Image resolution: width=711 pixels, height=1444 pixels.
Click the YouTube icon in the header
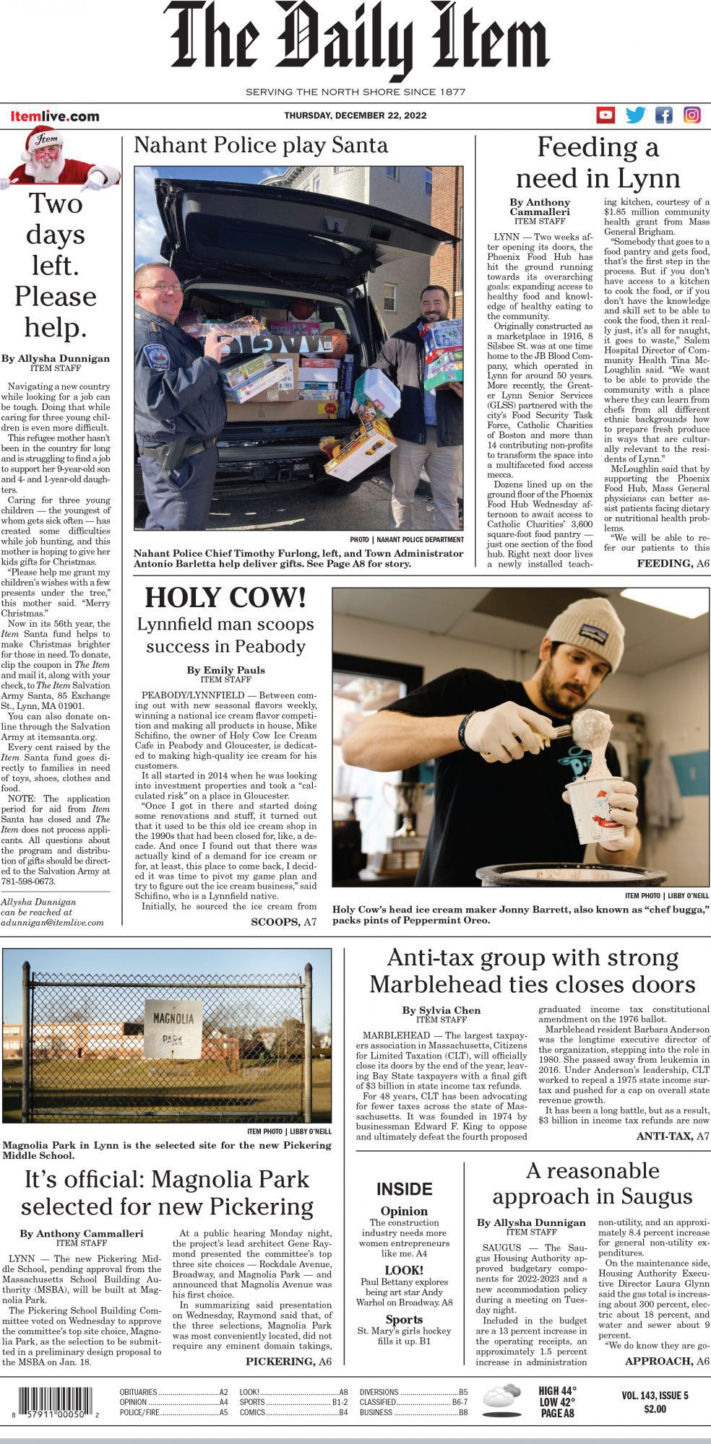(606, 115)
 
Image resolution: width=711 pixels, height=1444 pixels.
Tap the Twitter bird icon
(635, 115)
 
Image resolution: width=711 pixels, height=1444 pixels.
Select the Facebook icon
(663, 115)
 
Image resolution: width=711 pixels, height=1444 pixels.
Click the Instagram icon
(691, 115)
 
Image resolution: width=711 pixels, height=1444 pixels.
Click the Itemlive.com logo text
(55, 116)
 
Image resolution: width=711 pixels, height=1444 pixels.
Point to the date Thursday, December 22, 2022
(355, 116)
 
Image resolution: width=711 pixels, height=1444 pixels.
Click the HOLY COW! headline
(225, 598)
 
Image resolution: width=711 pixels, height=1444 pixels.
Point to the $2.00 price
(655, 1409)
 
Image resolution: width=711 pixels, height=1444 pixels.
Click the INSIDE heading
(404, 1189)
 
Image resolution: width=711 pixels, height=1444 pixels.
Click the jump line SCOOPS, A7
(283, 922)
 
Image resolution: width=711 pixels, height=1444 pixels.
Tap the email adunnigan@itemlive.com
(53, 922)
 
